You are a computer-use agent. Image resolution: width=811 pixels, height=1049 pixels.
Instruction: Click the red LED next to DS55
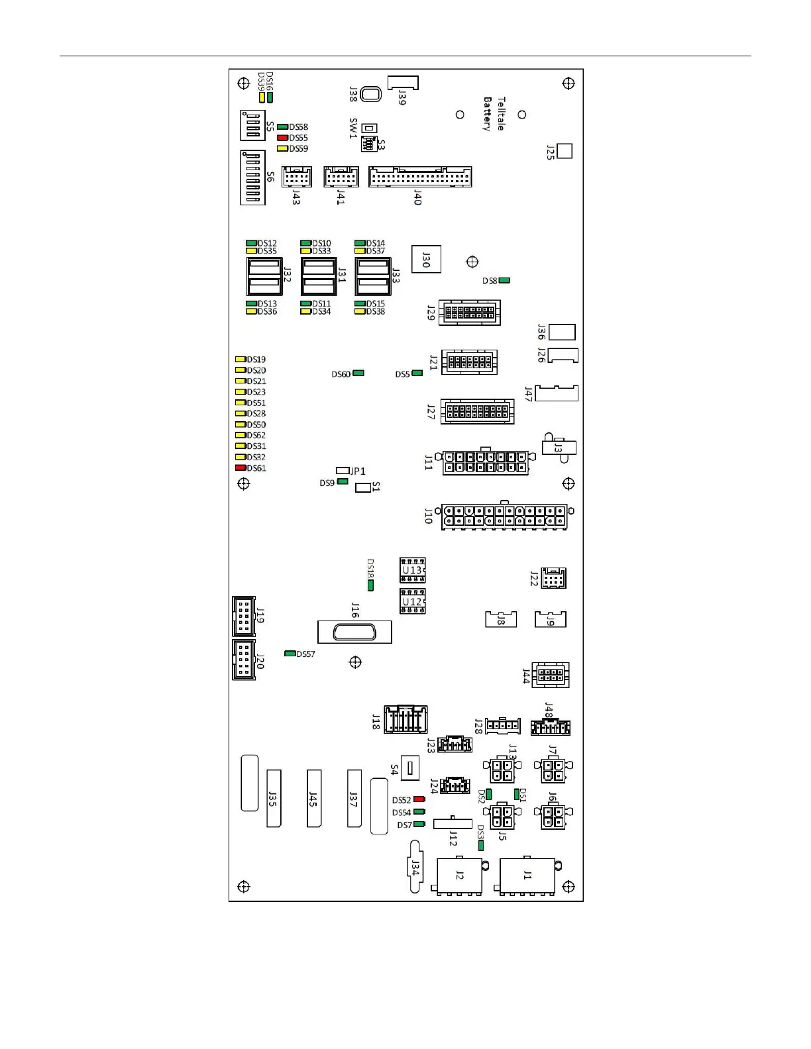[x=282, y=138]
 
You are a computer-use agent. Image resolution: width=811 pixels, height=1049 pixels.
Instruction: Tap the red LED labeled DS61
[x=241, y=468]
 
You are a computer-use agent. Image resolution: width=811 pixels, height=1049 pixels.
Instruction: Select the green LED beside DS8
[x=504, y=281]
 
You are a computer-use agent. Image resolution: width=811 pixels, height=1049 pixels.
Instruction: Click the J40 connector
[x=420, y=177]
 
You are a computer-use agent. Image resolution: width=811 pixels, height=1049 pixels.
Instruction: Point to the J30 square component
[x=426, y=260]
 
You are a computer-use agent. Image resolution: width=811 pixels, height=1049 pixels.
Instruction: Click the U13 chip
[x=412, y=570]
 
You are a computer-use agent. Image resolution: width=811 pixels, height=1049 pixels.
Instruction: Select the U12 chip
[x=412, y=601]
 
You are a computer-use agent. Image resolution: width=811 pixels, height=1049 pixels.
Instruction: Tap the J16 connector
[x=354, y=632]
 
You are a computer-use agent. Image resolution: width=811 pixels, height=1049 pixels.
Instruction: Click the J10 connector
[x=505, y=516]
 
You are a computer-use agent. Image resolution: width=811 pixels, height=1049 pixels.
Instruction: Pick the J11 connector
[x=486, y=462]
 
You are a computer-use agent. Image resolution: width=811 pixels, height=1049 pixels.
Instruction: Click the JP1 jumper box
[x=343, y=470]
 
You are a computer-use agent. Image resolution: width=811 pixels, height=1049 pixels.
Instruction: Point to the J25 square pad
[x=565, y=151]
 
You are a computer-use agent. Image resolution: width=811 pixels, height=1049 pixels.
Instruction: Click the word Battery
[x=488, y=114]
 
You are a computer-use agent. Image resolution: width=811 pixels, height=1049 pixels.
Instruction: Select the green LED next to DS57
[x=290, y=654]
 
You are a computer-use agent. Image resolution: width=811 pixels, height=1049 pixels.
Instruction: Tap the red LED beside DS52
[x=419, y=799]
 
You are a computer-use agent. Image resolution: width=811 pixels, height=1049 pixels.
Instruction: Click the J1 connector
[x=527, y=876]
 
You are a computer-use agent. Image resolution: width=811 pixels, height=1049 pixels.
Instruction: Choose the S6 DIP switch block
[x=252, y=177]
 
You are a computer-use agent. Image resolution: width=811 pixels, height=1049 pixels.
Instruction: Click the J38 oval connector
[x=371, y=94]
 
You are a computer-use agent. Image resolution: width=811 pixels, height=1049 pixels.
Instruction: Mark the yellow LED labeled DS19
[x=241, y=360]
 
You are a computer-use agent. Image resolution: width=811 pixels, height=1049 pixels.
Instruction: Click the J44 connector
[x=550, y=675]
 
